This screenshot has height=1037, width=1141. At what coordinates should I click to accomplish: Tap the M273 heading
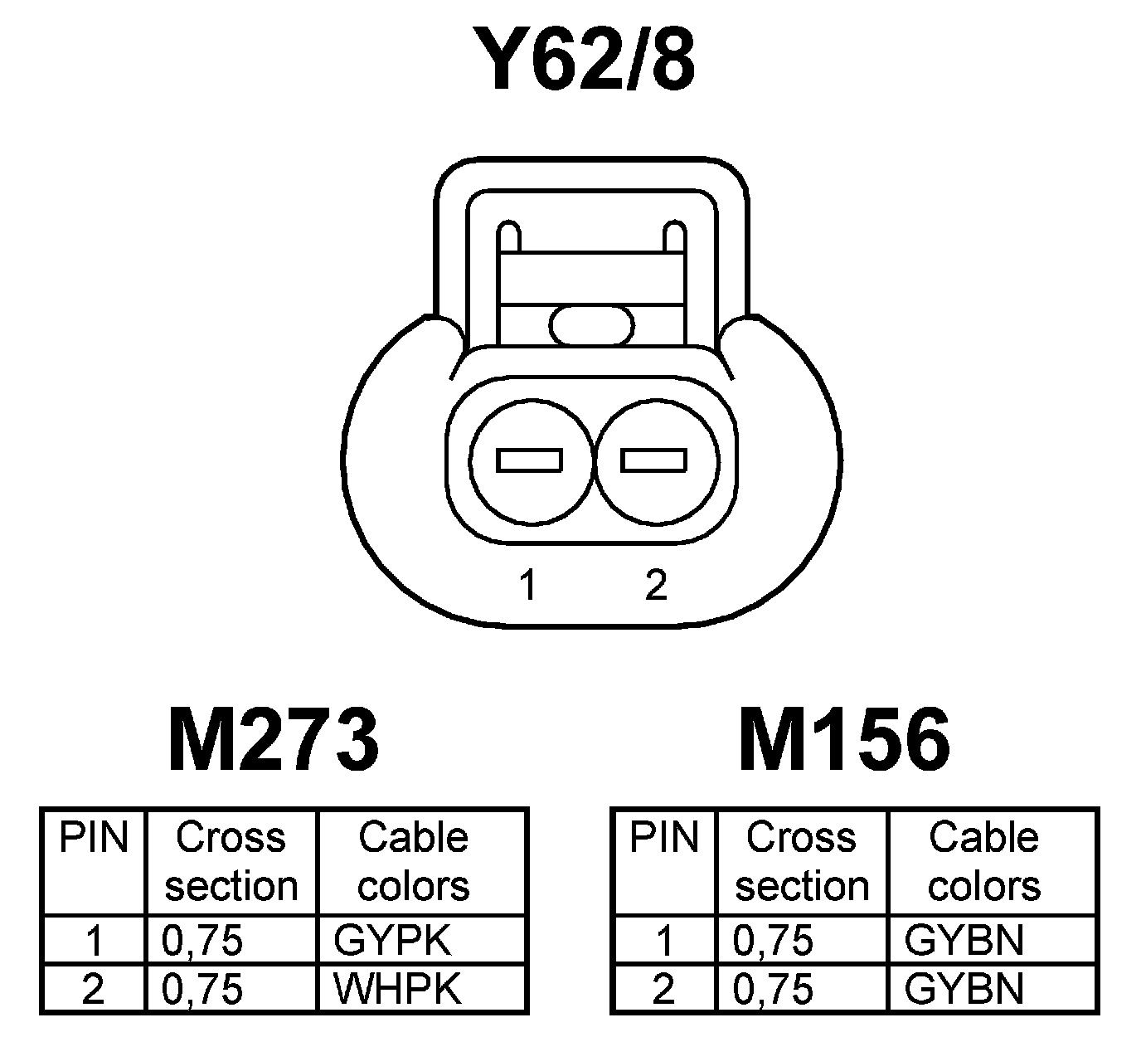pos(274,738)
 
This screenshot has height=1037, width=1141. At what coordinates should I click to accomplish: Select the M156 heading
pos(844,738)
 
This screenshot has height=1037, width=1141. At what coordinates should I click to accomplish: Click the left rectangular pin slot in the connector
pos(529,460)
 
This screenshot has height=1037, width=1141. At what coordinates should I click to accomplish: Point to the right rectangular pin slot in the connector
pos(654,460)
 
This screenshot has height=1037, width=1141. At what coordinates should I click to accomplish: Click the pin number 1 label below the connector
pos(527,585)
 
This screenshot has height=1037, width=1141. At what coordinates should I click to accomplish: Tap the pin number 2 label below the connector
pos(655,585)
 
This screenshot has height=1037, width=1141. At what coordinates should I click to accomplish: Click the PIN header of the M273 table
pos(94,838)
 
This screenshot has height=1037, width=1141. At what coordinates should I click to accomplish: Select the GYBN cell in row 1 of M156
pos(964,941)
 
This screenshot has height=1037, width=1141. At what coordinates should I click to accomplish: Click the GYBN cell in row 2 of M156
pos(964,989)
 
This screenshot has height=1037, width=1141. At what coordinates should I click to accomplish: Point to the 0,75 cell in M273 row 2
pos(203,989)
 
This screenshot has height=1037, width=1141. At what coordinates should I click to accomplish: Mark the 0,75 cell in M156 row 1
pos(774,941)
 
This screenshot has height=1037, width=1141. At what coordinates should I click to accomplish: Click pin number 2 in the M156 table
pos(664,989)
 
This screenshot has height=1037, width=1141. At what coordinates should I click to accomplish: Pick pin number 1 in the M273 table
pos(94,941)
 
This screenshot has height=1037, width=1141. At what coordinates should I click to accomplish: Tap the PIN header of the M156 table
pos(664,838)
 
